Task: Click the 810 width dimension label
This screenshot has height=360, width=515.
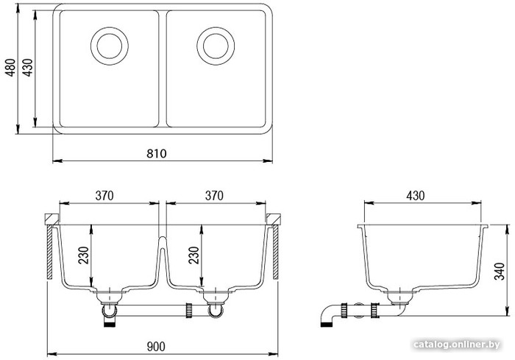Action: pyautogui.click(x=156, y=154)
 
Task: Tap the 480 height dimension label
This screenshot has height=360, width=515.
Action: pyautogui.click(x=11, y=68)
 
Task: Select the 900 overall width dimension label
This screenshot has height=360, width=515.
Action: pyautogui.click(x=156, y=347)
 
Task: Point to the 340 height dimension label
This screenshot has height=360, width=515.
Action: pyautogui.click(x=500, y=271)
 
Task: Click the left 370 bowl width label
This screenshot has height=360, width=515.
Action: pyautogui.click(x=104, y=196)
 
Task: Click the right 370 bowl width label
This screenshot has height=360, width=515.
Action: pyautogui.click(x=214, y=196)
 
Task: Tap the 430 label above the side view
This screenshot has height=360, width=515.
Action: pyautogui.click(x=416, y=196)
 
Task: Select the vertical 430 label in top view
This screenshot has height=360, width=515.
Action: pyautogui.click(x=28, y=68)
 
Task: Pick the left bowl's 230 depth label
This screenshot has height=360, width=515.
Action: pyautogui.click(x=83, y=255)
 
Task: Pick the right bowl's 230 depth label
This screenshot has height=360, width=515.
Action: pyautogui.click(x=193, y=255)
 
